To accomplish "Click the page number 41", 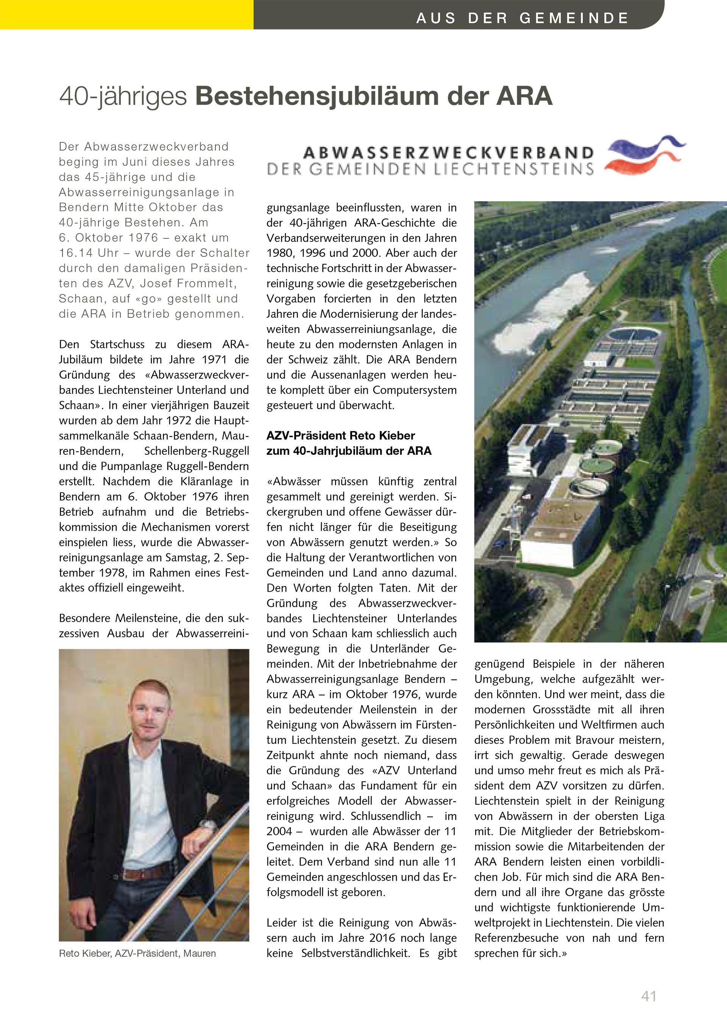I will pyautogui.click(x=649, y=996).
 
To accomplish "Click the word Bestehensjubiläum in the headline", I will pyautogui.click(x=317, y=96).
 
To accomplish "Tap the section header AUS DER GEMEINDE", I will pyautogui.click(x=522, y=18).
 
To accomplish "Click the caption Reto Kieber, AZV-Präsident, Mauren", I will pyautogui.click(x=137, y=953).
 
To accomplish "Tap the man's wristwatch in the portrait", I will pyautogui.click(x=206, y=823).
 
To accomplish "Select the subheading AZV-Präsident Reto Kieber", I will pyautogui.click(x=341, y=436).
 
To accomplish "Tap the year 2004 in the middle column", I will pyautogui.click(x=279, y=831).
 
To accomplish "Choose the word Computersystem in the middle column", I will pyautogui.click(x=415, y=390).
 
